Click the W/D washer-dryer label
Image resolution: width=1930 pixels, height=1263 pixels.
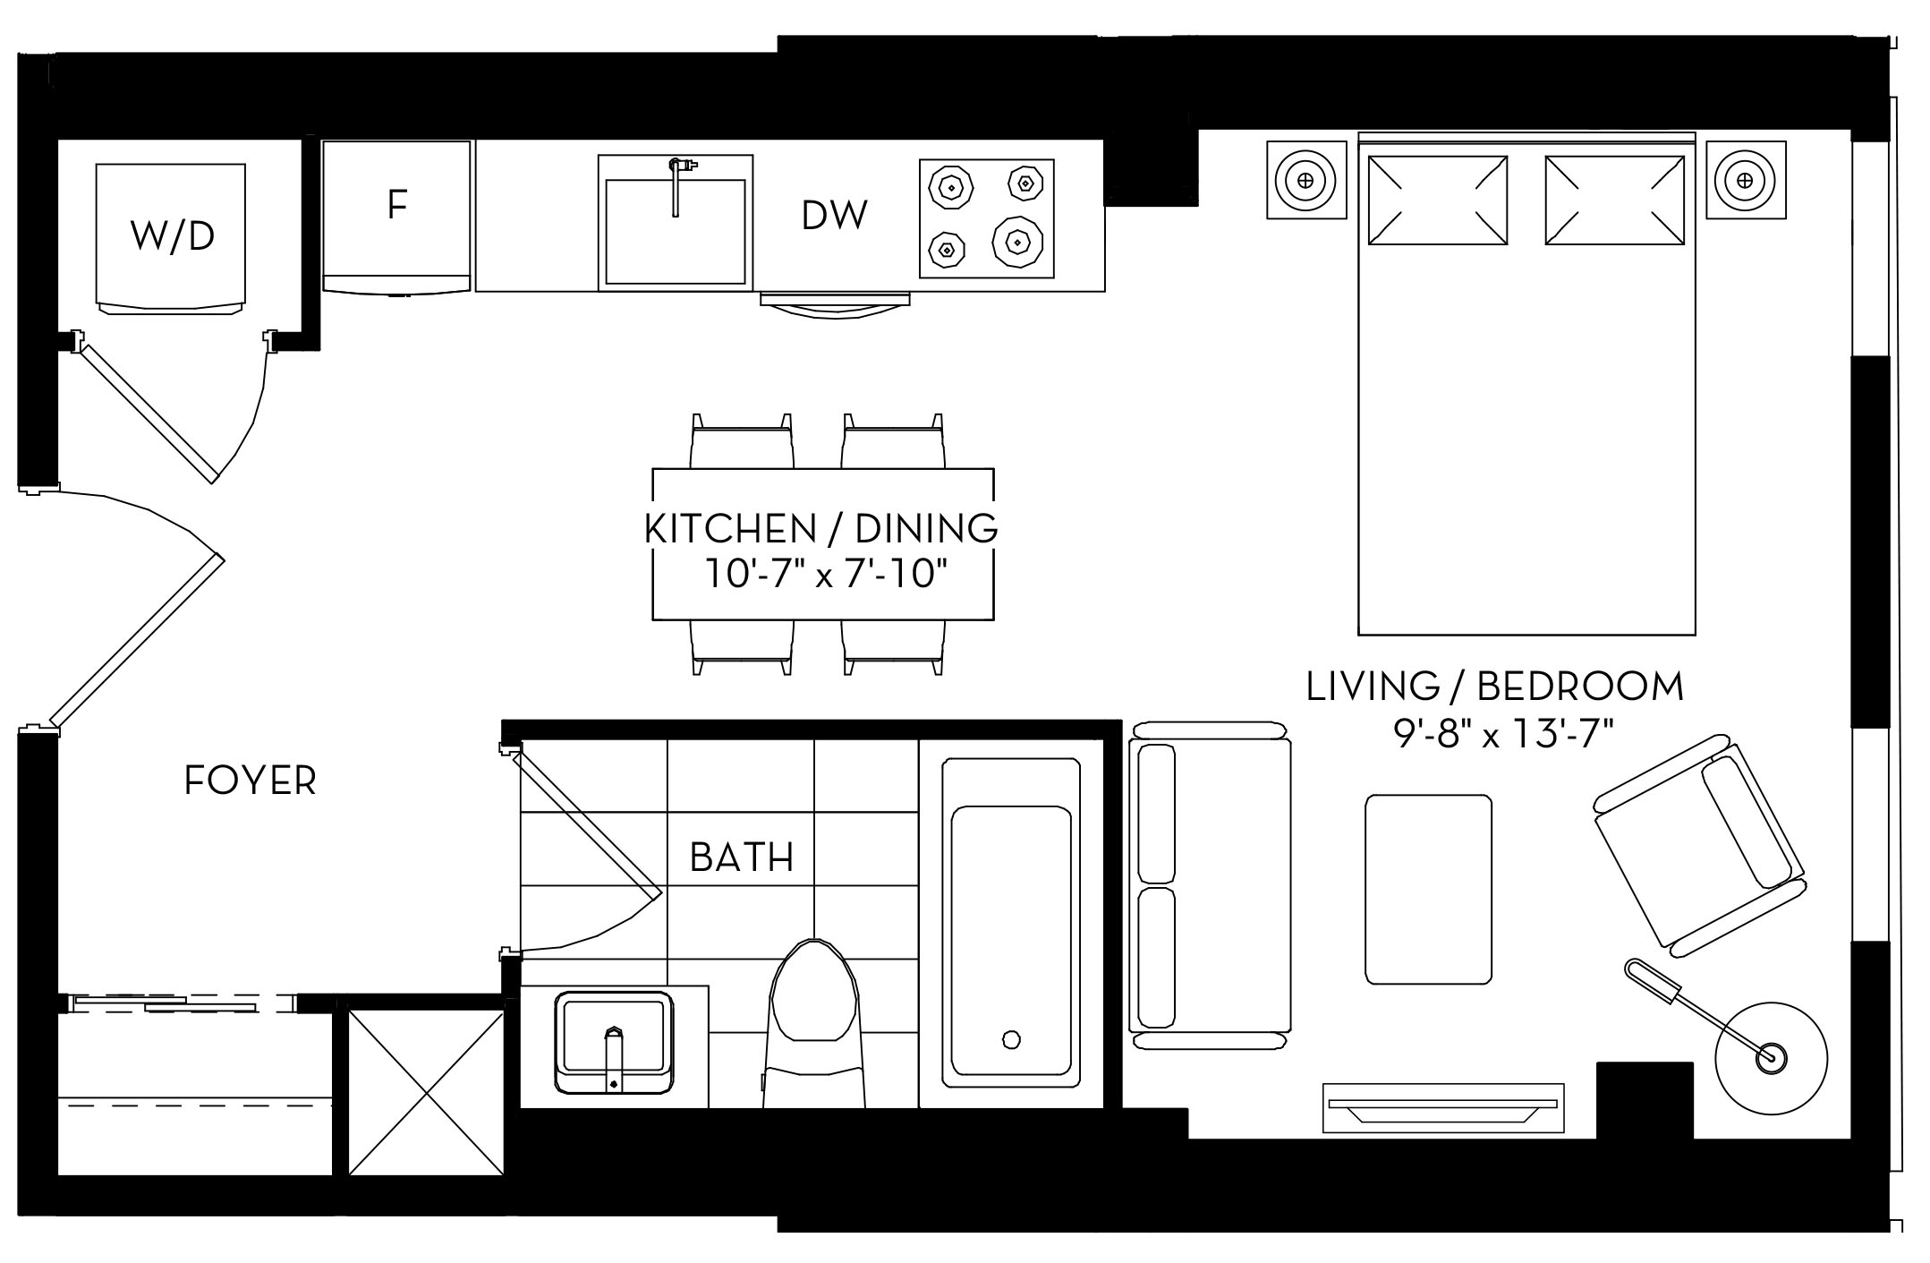[172, 235]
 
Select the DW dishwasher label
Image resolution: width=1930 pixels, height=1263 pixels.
[834, 216]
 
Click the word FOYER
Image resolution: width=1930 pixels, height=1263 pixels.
[250, 781]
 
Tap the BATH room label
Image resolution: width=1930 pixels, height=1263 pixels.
[742, 858]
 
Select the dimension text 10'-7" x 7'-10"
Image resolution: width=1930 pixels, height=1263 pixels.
[825, 574]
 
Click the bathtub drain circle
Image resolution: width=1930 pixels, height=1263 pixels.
[1011, 1039]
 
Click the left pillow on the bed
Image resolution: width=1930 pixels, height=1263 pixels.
[1437, 200]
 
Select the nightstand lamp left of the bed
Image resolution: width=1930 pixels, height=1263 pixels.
[1305, 179]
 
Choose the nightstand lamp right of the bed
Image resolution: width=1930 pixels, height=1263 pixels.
[1744, 179]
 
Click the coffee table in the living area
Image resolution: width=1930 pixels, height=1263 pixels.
[1428, 889]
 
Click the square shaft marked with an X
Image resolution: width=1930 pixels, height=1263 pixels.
[426, 1091]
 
